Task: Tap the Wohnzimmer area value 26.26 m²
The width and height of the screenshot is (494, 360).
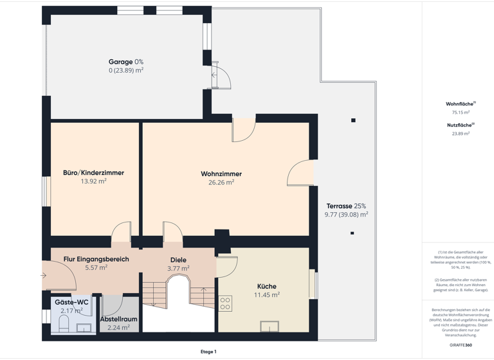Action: coord(221,183)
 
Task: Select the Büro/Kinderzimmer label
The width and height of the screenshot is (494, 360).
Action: coord(93,172)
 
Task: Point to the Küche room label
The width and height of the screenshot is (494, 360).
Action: coord(266,286)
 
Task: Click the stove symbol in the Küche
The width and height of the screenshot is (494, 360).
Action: coord(225,303)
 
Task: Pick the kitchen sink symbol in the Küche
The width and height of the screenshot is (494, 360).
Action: coord(270,327)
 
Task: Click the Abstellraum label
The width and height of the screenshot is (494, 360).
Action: coord(118,319)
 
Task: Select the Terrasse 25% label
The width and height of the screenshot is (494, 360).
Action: coord(346,206)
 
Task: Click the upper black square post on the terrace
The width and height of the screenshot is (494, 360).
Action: coord(353,120)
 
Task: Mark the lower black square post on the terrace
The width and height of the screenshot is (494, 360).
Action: coord(352,233)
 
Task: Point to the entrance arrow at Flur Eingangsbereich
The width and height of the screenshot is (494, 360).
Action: coord(43,276)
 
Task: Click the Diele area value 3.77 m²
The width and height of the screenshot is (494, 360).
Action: coord(178,269)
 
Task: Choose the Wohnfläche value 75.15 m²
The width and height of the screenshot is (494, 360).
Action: coord(461,112)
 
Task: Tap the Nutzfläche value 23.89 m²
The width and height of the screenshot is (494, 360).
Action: coord(461,134)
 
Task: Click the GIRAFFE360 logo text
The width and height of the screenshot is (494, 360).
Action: coord(461,345)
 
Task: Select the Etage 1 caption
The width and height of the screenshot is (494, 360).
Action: coord(208,352)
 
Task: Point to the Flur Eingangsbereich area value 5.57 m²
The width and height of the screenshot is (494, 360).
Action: coord(96,267)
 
